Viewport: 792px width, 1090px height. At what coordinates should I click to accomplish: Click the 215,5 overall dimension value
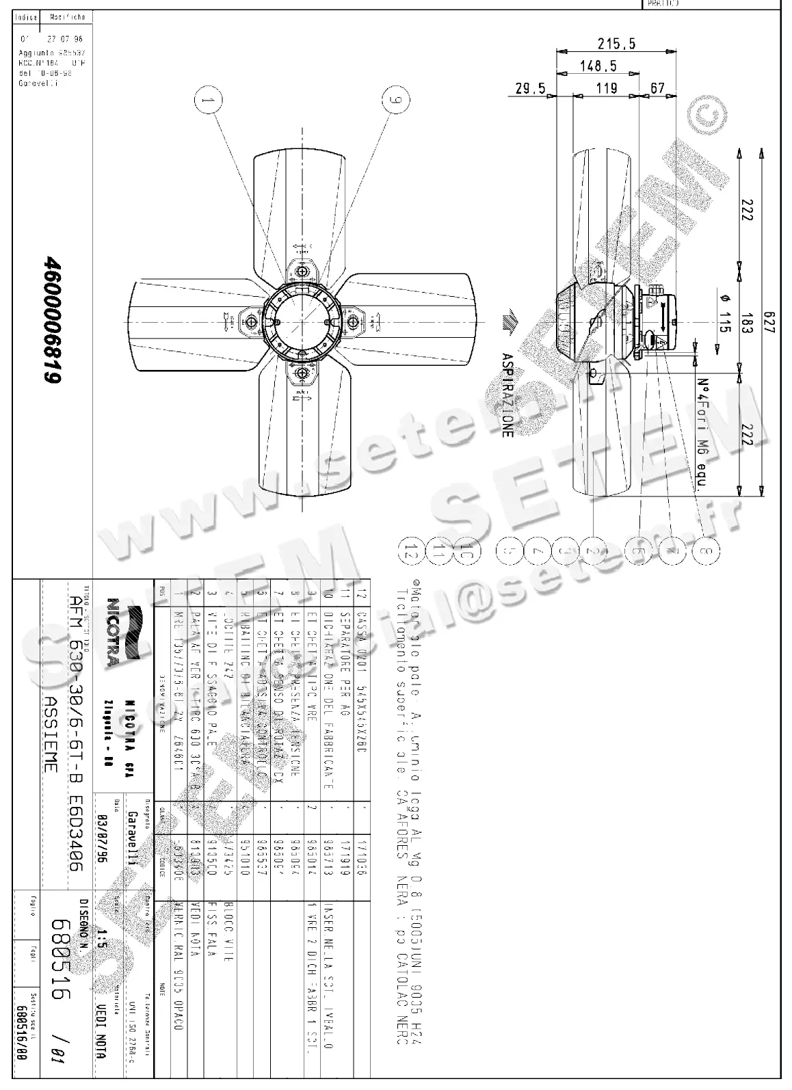[616, 44]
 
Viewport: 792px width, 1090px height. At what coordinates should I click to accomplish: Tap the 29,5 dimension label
[531, 88]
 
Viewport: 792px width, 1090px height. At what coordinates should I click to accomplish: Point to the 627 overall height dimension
[769, 322]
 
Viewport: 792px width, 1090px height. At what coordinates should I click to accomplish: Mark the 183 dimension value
[747, 322]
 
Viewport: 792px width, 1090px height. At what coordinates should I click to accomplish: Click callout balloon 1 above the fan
[208, 101]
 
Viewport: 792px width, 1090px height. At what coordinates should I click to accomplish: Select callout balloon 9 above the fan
[395, 101]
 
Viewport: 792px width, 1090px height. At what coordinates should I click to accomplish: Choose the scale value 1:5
[101, 916]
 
